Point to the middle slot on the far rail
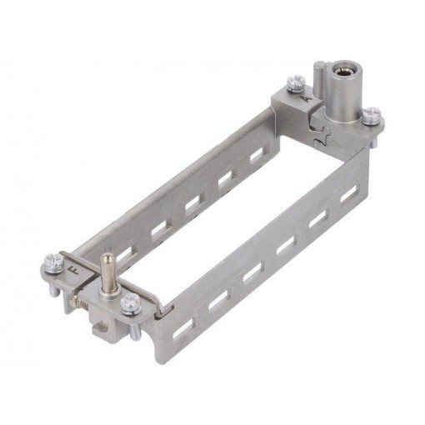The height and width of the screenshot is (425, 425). tap(192, 202)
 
